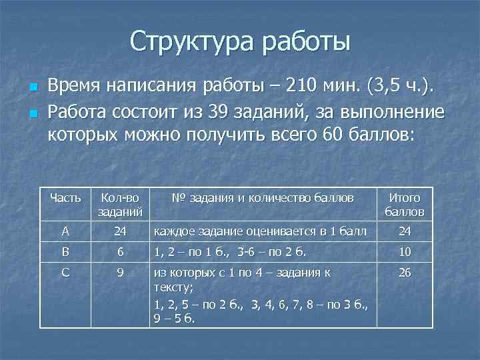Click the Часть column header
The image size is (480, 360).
point(65,198)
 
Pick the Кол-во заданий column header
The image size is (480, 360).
point(120,205)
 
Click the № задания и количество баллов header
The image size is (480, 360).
point(262,198)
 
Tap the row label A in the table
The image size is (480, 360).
point(65,231)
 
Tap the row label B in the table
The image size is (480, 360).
point(65,253)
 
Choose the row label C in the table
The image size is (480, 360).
point(65,273)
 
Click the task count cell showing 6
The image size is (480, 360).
point(120,253)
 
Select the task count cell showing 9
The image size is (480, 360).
point(120,273)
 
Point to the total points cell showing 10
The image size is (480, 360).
point(405,253)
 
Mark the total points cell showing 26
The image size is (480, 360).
point(405,273)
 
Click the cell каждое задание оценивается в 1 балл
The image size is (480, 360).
point(260,231)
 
